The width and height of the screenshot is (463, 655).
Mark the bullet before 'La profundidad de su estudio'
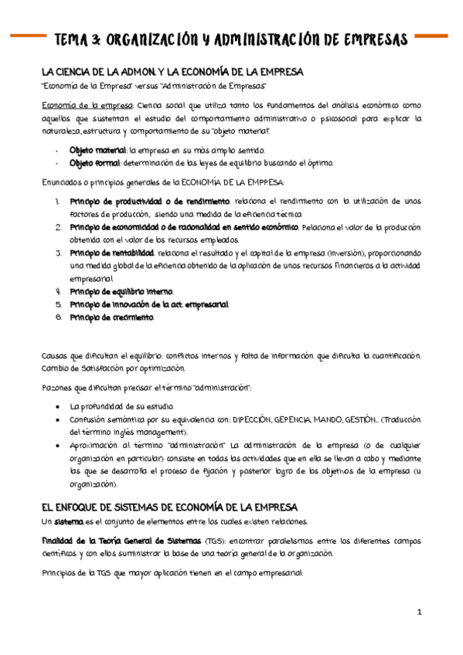point(59,406)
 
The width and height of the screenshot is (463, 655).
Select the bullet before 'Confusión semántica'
point(59,419)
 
